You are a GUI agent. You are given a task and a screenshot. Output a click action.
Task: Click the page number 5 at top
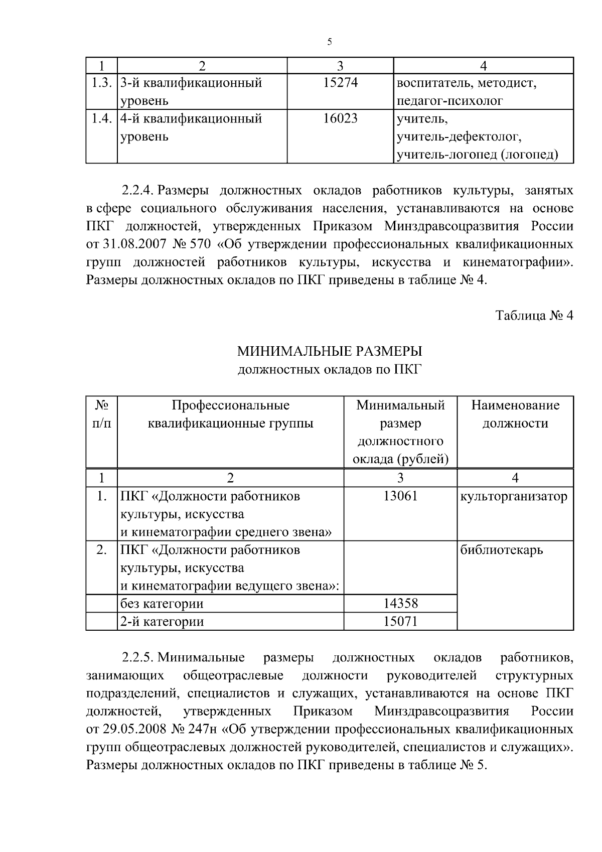(329, 42)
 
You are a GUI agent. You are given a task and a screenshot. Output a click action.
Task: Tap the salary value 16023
(340, 119)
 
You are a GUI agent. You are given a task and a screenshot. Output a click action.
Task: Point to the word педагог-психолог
(449, 101)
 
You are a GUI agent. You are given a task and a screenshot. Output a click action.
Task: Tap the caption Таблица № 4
(534, 316)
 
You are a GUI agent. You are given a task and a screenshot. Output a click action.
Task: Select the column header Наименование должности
(515, 414)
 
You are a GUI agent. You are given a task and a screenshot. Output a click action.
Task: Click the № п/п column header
(101, 414)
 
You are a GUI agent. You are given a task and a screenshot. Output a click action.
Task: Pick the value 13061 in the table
(400, 497)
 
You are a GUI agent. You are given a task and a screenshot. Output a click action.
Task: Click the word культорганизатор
(514, 497)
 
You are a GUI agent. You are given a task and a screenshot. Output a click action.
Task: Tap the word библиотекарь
(502, 550)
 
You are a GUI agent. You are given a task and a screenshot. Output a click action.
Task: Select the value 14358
(400, 604)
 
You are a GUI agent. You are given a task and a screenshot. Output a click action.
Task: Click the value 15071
(400, 622)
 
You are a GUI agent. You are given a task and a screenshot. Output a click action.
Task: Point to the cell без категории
(162, 604)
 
